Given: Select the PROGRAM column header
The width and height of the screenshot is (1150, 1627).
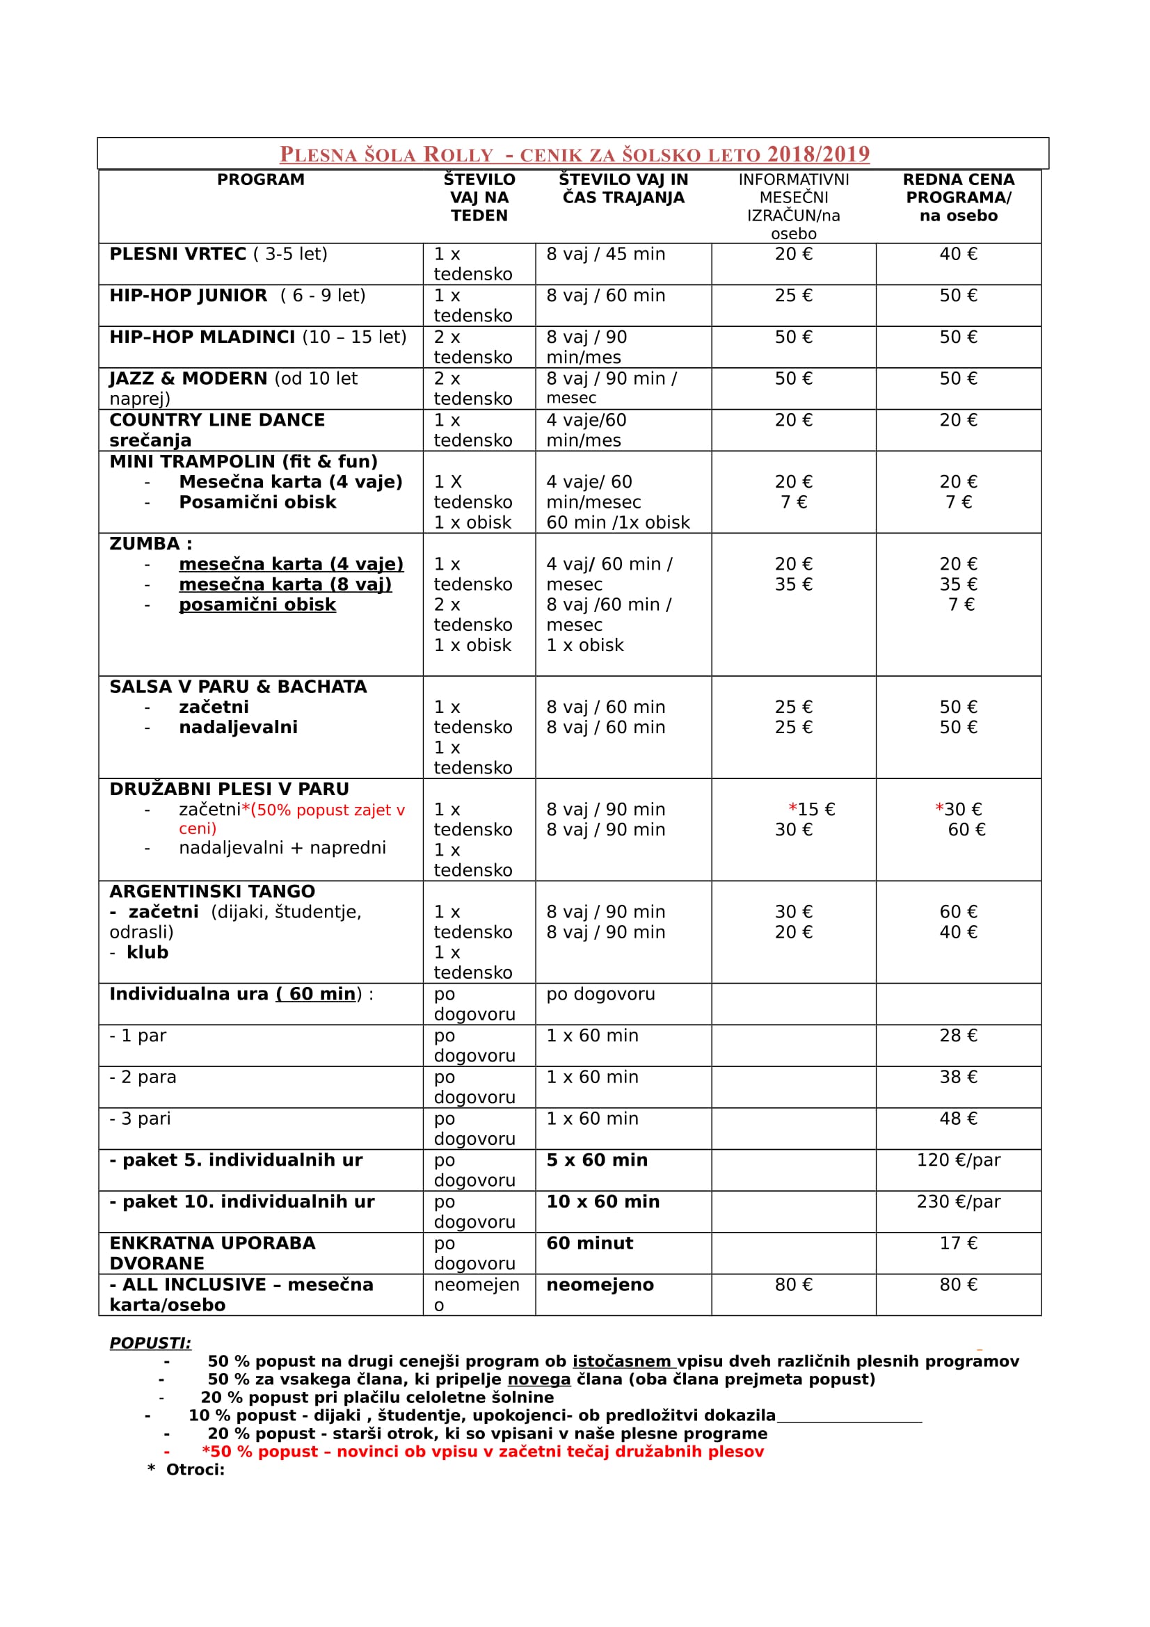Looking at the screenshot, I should tap(261, 180).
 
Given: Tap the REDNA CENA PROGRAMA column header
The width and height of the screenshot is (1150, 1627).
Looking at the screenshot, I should tap(958, 198).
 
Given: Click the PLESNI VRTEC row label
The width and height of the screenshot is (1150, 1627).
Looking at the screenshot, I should tap(178, 255).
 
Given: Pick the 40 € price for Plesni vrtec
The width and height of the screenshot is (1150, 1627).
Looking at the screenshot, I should tap(958, 255).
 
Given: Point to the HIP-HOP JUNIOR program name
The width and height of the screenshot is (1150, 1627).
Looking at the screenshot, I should tap(189, 296).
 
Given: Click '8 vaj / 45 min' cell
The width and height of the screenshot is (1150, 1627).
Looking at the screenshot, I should tap(606, 255).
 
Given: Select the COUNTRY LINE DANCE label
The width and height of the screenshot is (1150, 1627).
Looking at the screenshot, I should tap(217, 420).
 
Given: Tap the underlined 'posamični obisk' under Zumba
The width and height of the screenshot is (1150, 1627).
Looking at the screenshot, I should tap(257, 604).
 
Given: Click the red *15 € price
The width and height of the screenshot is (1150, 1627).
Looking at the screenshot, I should tap(812, 809).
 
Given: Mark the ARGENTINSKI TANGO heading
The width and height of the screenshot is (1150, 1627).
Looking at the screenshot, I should tap(212, 892).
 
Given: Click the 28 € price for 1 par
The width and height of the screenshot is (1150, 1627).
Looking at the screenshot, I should tap(958, 1035).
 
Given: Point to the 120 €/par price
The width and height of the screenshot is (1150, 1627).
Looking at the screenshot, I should tap(958, 1160).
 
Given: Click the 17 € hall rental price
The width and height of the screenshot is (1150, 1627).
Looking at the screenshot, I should tap(958, 1243).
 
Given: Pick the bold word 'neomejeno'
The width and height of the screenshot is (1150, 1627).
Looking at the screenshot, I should tap(600, 1285).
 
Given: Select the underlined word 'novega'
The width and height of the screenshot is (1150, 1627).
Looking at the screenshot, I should tap(538, 1379).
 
